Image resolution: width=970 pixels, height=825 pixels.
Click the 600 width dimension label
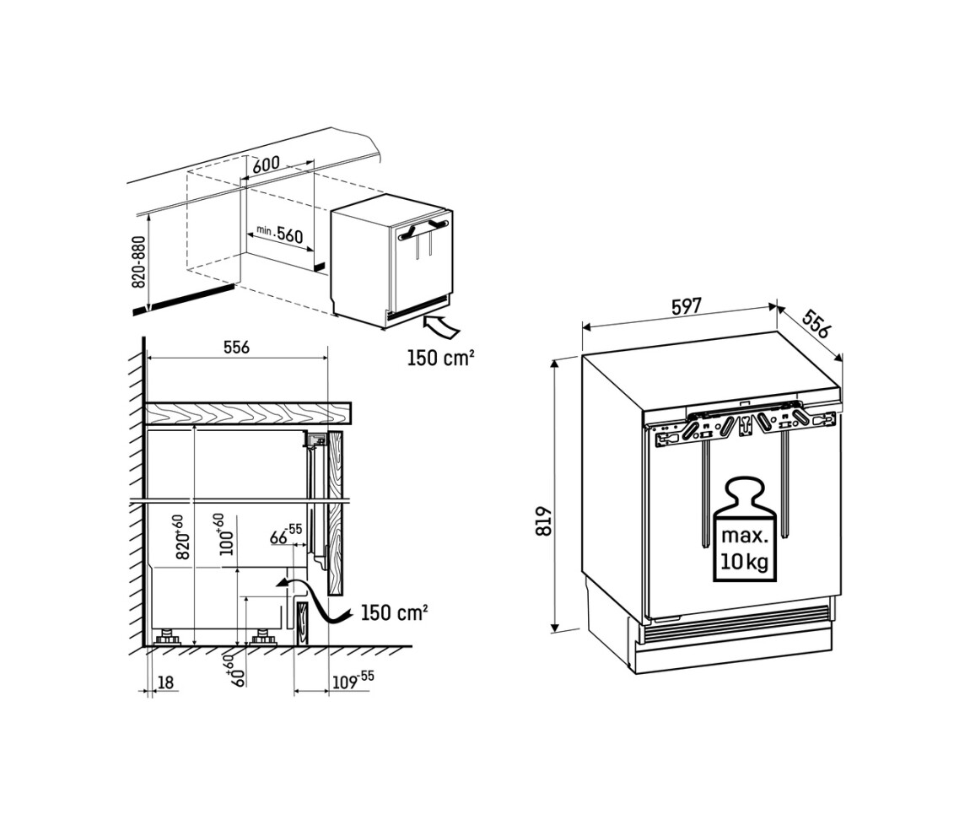267,164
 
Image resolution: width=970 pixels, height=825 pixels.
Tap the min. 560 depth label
280,234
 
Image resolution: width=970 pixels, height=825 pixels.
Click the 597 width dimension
687,306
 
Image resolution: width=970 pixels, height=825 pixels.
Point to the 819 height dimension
544,521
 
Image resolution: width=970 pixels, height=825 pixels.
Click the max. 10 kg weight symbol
744,529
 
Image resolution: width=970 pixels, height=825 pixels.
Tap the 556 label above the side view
236,348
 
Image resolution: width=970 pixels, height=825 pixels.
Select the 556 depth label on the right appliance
816,323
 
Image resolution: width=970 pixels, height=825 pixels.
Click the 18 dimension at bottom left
166,682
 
